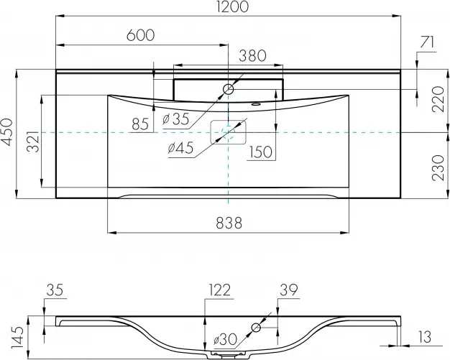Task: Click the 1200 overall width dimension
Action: pyautogui.click(x=232, y=6)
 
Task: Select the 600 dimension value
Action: pyautogui.click(x=141, y=35)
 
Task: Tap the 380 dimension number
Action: pyautogui.click(x=253, y=56)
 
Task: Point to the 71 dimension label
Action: pyautogui.click(x=427, y=43)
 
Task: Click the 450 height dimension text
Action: pyautogui.click(x=7, y=132)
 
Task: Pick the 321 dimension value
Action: pyautogui.click(x=33, y=141)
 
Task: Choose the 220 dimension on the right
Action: pyautogui.click(x=438, y=99)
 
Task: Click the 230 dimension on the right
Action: pyautogui.click(x=438, y=168)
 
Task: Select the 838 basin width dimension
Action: pyautogui.click(x=229, y=223)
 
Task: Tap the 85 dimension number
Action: pyautogui.click(x=140, y=124)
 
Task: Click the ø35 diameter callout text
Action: pyautogui.click(x=176, y=119)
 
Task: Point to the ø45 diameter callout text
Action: pyautogui.click(x=181, y=148)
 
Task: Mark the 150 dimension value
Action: pyautogui.click(x=261, y=152)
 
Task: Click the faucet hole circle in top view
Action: pyautogui.click(x=228, y=90)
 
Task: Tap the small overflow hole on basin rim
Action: pyautogui.click(x=255, y=104)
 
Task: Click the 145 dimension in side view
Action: pyautogui.click(x=18, y=337)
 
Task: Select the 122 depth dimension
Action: pyautogui.click(x=220, y=290)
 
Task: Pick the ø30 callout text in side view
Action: pyautogui.click(x=226, y=340)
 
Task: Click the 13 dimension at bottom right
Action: pyautogui.click(x=425, y=337)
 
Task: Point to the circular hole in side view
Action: pyautogui.click(x=256, y=327)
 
